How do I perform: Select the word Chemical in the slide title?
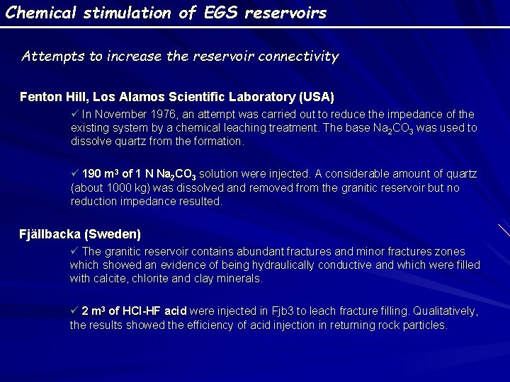35,13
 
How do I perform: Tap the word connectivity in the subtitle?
297,56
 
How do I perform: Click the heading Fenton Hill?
49,96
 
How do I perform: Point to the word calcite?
108,279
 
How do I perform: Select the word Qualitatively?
445,311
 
